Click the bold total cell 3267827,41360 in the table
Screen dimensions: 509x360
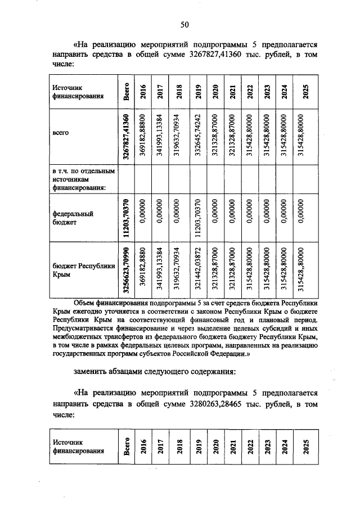(127, 136)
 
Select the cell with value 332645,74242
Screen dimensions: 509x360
(197, 136)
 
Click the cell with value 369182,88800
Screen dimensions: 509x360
(143, 136)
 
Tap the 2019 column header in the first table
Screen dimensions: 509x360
(197, 92)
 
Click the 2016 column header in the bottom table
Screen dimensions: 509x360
(143, 447)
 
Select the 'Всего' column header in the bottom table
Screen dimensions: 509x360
(127, 447)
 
